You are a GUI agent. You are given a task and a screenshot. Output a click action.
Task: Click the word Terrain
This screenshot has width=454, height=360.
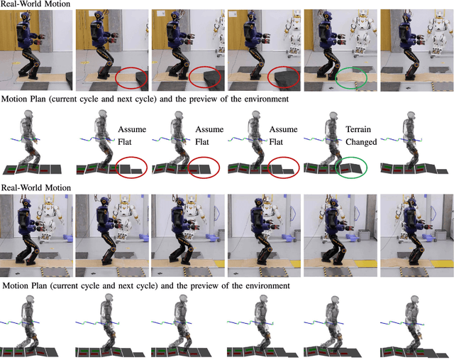[358, 129]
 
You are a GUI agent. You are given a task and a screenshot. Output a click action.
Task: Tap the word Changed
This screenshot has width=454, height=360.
[361, 142]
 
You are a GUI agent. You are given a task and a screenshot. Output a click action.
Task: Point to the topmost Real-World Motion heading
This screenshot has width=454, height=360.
[35, 4]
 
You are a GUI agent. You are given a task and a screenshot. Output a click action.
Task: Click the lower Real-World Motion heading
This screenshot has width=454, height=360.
[36, 187]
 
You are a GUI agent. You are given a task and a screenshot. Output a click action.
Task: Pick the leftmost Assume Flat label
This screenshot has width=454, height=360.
[132, 136]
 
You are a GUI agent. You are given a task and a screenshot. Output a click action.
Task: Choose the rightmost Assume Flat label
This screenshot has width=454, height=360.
[283, 136]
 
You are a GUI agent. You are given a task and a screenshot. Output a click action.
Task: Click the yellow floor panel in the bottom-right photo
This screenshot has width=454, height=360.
[441, 263]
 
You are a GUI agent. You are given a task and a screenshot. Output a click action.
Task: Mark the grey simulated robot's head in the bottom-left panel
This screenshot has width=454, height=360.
[30, 300]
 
